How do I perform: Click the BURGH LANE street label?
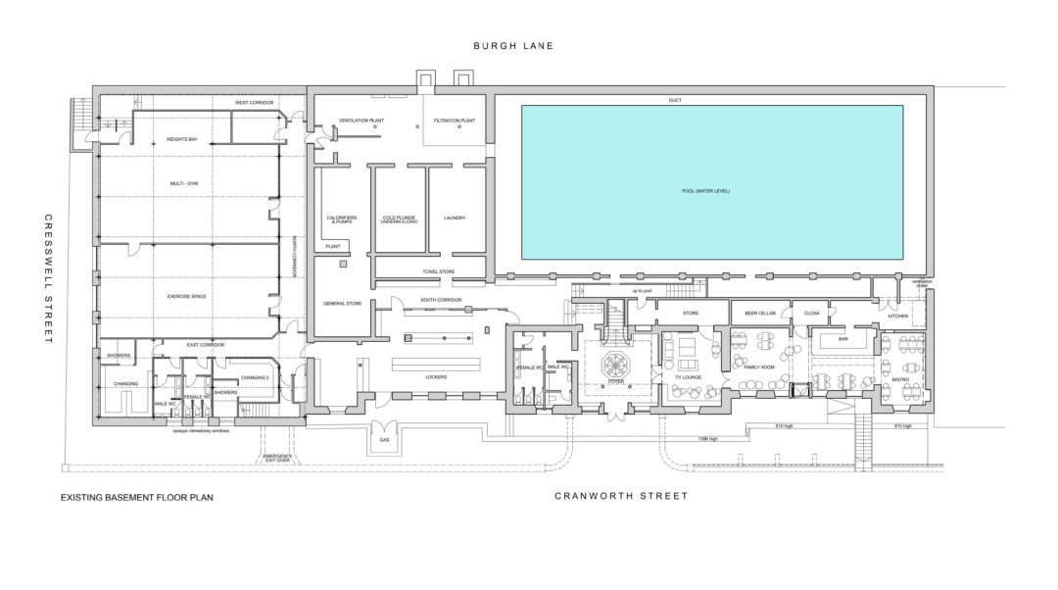513,46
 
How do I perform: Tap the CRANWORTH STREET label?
621,496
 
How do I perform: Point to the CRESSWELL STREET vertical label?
47,278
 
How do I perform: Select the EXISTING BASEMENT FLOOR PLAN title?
136,498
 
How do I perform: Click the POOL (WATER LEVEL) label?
711,190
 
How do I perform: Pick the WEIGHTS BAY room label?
181,140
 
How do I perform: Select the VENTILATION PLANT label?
358,121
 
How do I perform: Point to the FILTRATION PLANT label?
455,121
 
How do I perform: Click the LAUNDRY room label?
454,218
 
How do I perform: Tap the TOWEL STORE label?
439,271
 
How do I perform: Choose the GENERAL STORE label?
342,304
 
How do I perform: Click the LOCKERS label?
437,377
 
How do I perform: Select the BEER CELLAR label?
760,314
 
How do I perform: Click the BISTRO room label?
900,378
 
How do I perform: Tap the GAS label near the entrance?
384,440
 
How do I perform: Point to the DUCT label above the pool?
674,101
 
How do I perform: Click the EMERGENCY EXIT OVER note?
278,460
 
